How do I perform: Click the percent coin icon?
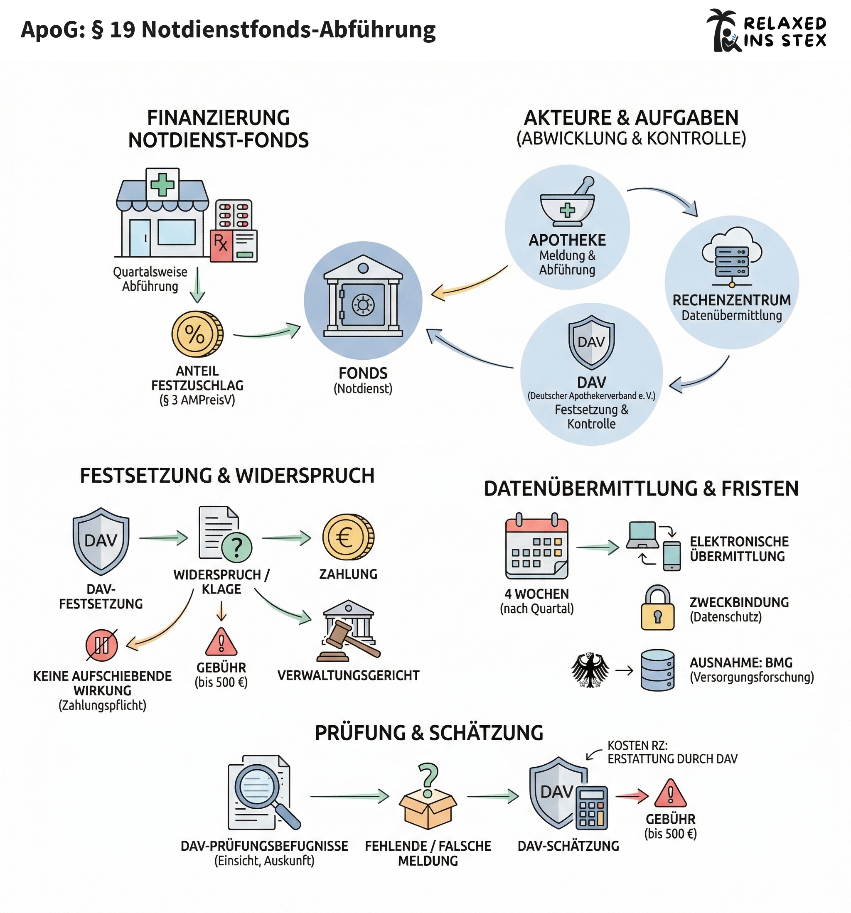(197, 334)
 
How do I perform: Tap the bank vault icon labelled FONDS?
(363, 300)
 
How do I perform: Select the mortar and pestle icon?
(568, 203)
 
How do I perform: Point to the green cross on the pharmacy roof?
(162, 184)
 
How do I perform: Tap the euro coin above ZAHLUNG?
(348, 537)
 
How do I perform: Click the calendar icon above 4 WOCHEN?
(537, 547)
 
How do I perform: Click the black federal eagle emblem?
(590, 670)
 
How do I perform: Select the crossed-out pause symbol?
(101, 645)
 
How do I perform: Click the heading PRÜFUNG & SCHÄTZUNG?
(429, 733)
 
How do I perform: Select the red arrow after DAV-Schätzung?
(632, 796)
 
